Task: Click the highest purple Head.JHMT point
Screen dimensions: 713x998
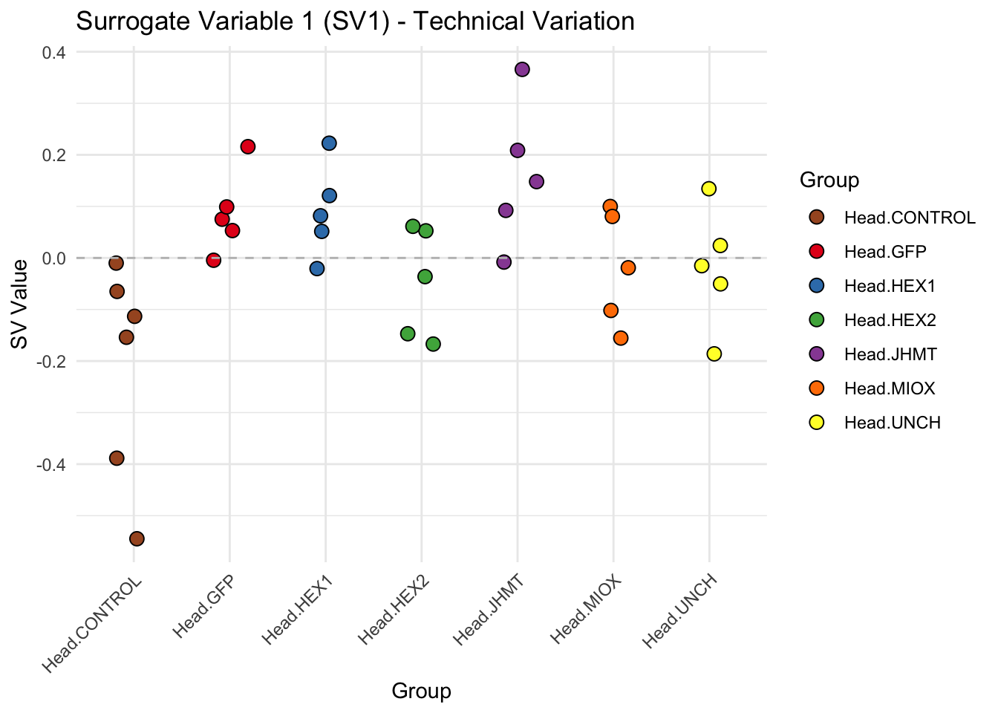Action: click(522, 69)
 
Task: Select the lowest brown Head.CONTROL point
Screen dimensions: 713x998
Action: click(137, 538)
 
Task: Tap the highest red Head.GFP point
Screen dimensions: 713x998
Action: click(248, 146)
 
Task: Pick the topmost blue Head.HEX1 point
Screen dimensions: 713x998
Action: click(329, 143)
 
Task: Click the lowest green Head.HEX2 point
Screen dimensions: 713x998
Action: click(433, 344)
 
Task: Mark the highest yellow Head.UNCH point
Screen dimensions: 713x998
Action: click(708, 189)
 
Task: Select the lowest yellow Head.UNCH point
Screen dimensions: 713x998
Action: click(714, 354)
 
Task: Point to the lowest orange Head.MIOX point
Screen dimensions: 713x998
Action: click(621, 338)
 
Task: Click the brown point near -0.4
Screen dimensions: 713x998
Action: click(117, 458)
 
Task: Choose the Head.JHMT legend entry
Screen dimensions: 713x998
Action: click(890, 354)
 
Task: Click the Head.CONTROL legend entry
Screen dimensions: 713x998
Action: click(909, 218)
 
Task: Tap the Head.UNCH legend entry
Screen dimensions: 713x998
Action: click(892, 423)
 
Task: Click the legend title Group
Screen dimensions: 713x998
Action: click(829, 180)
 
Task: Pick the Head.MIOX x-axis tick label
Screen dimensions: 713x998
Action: click(587, 610)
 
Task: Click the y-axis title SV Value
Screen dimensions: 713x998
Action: click(20, 304)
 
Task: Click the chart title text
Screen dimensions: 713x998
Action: click(355, 21)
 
